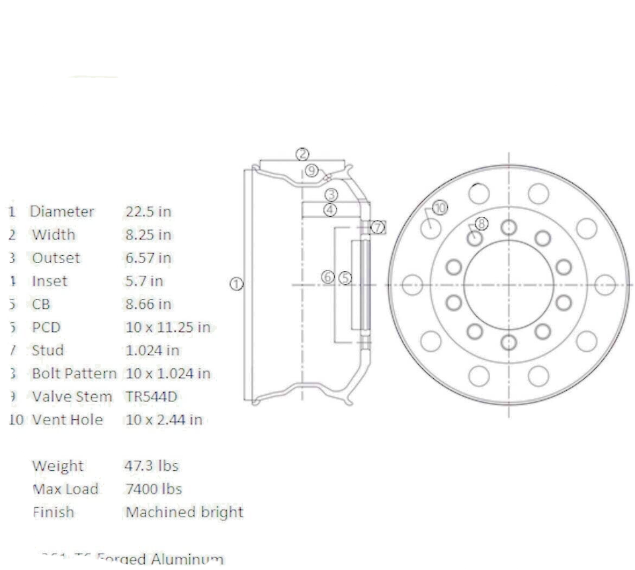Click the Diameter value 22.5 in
(148, 212)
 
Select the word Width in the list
(54, 235)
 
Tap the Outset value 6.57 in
(148, 258)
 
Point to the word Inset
(50, 281)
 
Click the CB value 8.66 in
(148, 304)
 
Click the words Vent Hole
(67, 420)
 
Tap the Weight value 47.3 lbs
(151, 466)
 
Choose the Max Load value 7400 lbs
(153, 489)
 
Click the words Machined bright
(184, 512)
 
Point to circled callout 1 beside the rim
(236, 284)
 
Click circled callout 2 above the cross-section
(302, 153)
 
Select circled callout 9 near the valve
(312, 171)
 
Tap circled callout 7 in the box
(378, 227)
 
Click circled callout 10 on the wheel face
(440, 208)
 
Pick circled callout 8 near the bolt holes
(482, 224)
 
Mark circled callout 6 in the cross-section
(328, 278)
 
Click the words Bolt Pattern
(74, 374)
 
